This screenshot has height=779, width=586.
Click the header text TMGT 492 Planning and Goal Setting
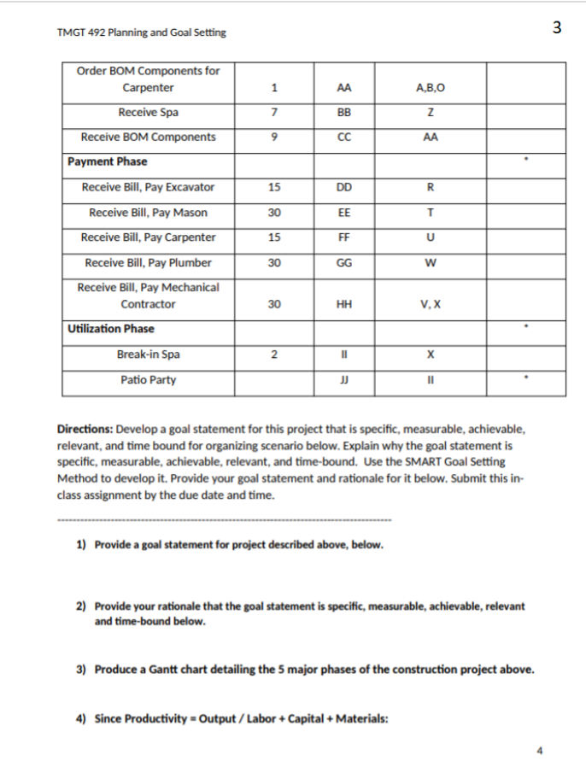click(141, 32)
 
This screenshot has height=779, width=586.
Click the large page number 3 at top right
click(557, 27)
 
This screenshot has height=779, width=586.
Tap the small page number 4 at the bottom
click(539, 752)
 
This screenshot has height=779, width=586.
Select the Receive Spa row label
click(149, 112)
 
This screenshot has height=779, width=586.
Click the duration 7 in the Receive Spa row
click(273, 112)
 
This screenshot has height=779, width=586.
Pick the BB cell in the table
click(343, 112)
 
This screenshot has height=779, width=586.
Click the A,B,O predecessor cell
click(430, 87)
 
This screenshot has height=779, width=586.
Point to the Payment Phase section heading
click(108, 161)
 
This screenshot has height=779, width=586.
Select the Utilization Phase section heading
click(111, 329)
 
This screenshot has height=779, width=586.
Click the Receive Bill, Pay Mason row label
click(149, 213)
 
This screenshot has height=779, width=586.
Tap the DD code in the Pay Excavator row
click(343, 187)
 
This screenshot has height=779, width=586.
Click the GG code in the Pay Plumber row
click(343, 263)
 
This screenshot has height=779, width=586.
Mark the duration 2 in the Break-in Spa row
click(273, 354)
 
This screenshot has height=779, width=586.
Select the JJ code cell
click(343, 380)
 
